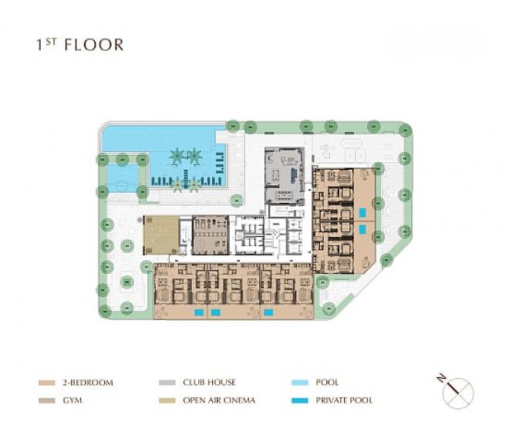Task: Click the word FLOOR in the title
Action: click(94, 46)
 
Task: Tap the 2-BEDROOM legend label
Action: click(88, 383)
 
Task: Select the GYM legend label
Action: click(72, 400)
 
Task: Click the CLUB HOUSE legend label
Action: click(209, 383)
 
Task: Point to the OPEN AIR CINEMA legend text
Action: click(219, 400)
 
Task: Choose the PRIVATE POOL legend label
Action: click(344, 400)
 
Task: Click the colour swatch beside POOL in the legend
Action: click(300, 383)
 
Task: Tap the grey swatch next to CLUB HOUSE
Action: click(167, 383)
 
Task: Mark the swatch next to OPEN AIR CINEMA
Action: click(167, 400)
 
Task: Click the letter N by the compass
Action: click(441, 378)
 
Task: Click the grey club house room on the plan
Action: click(285, 175)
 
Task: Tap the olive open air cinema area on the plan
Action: click(161, 235)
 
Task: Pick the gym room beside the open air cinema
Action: click(211, 235)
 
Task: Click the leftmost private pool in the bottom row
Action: click(199, 312)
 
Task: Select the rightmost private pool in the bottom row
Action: click(268, 312)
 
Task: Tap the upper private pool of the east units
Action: click(362, 213)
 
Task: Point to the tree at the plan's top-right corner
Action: click(405, 130)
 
